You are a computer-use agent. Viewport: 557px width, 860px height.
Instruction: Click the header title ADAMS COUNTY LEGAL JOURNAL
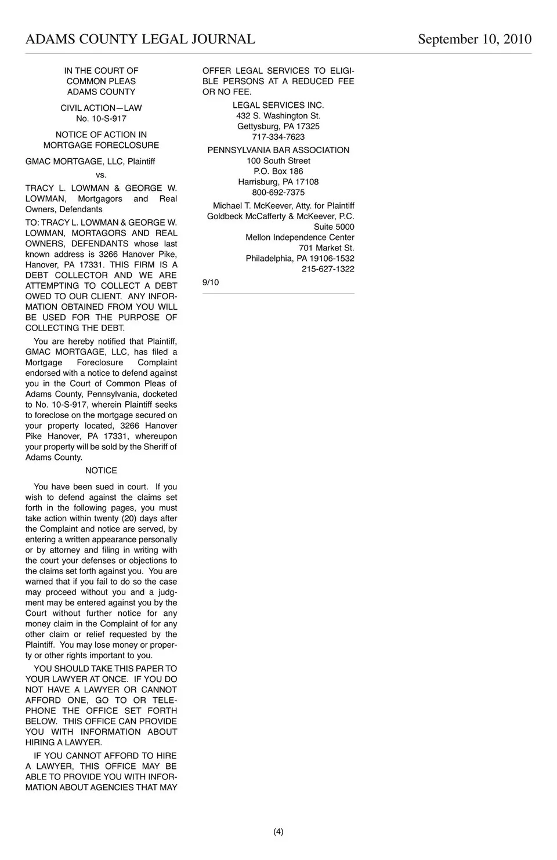tap(140, 39)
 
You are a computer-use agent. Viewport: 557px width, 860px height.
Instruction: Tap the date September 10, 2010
tap(474, 39)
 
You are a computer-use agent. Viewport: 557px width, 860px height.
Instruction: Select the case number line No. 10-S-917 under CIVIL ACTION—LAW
tap(101, 118)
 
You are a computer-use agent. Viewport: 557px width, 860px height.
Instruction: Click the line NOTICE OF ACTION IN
tap(101, 135)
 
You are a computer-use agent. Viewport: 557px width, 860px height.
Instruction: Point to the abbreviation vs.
tap(101, 175)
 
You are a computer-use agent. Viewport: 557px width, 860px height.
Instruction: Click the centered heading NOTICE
tap(101, 470)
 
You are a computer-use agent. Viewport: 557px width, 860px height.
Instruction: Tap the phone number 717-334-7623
tap(278, 137)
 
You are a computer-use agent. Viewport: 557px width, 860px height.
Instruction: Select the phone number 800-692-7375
tap(278, 193)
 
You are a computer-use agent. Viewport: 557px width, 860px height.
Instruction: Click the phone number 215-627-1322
tap(328, 269)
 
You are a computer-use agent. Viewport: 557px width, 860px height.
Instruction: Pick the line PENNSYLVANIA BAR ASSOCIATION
tap(278, 150)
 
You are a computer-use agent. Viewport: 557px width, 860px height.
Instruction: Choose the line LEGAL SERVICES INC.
tap(278, 105)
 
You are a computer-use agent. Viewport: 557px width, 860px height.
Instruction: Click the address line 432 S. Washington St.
tap(278, 116)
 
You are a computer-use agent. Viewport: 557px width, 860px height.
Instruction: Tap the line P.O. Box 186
tap(278, 172)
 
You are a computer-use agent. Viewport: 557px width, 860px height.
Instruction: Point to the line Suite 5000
tap(334, 227)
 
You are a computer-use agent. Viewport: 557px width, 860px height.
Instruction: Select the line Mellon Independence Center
tap(299, 237)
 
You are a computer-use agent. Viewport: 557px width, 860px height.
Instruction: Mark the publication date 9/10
tap(211, 282)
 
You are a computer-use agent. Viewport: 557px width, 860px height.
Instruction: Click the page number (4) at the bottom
tap(278, 832)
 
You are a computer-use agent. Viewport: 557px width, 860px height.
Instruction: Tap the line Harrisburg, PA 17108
tap(278, 182)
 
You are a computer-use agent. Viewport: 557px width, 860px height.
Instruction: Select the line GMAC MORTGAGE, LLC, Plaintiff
tap(90, 161)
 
